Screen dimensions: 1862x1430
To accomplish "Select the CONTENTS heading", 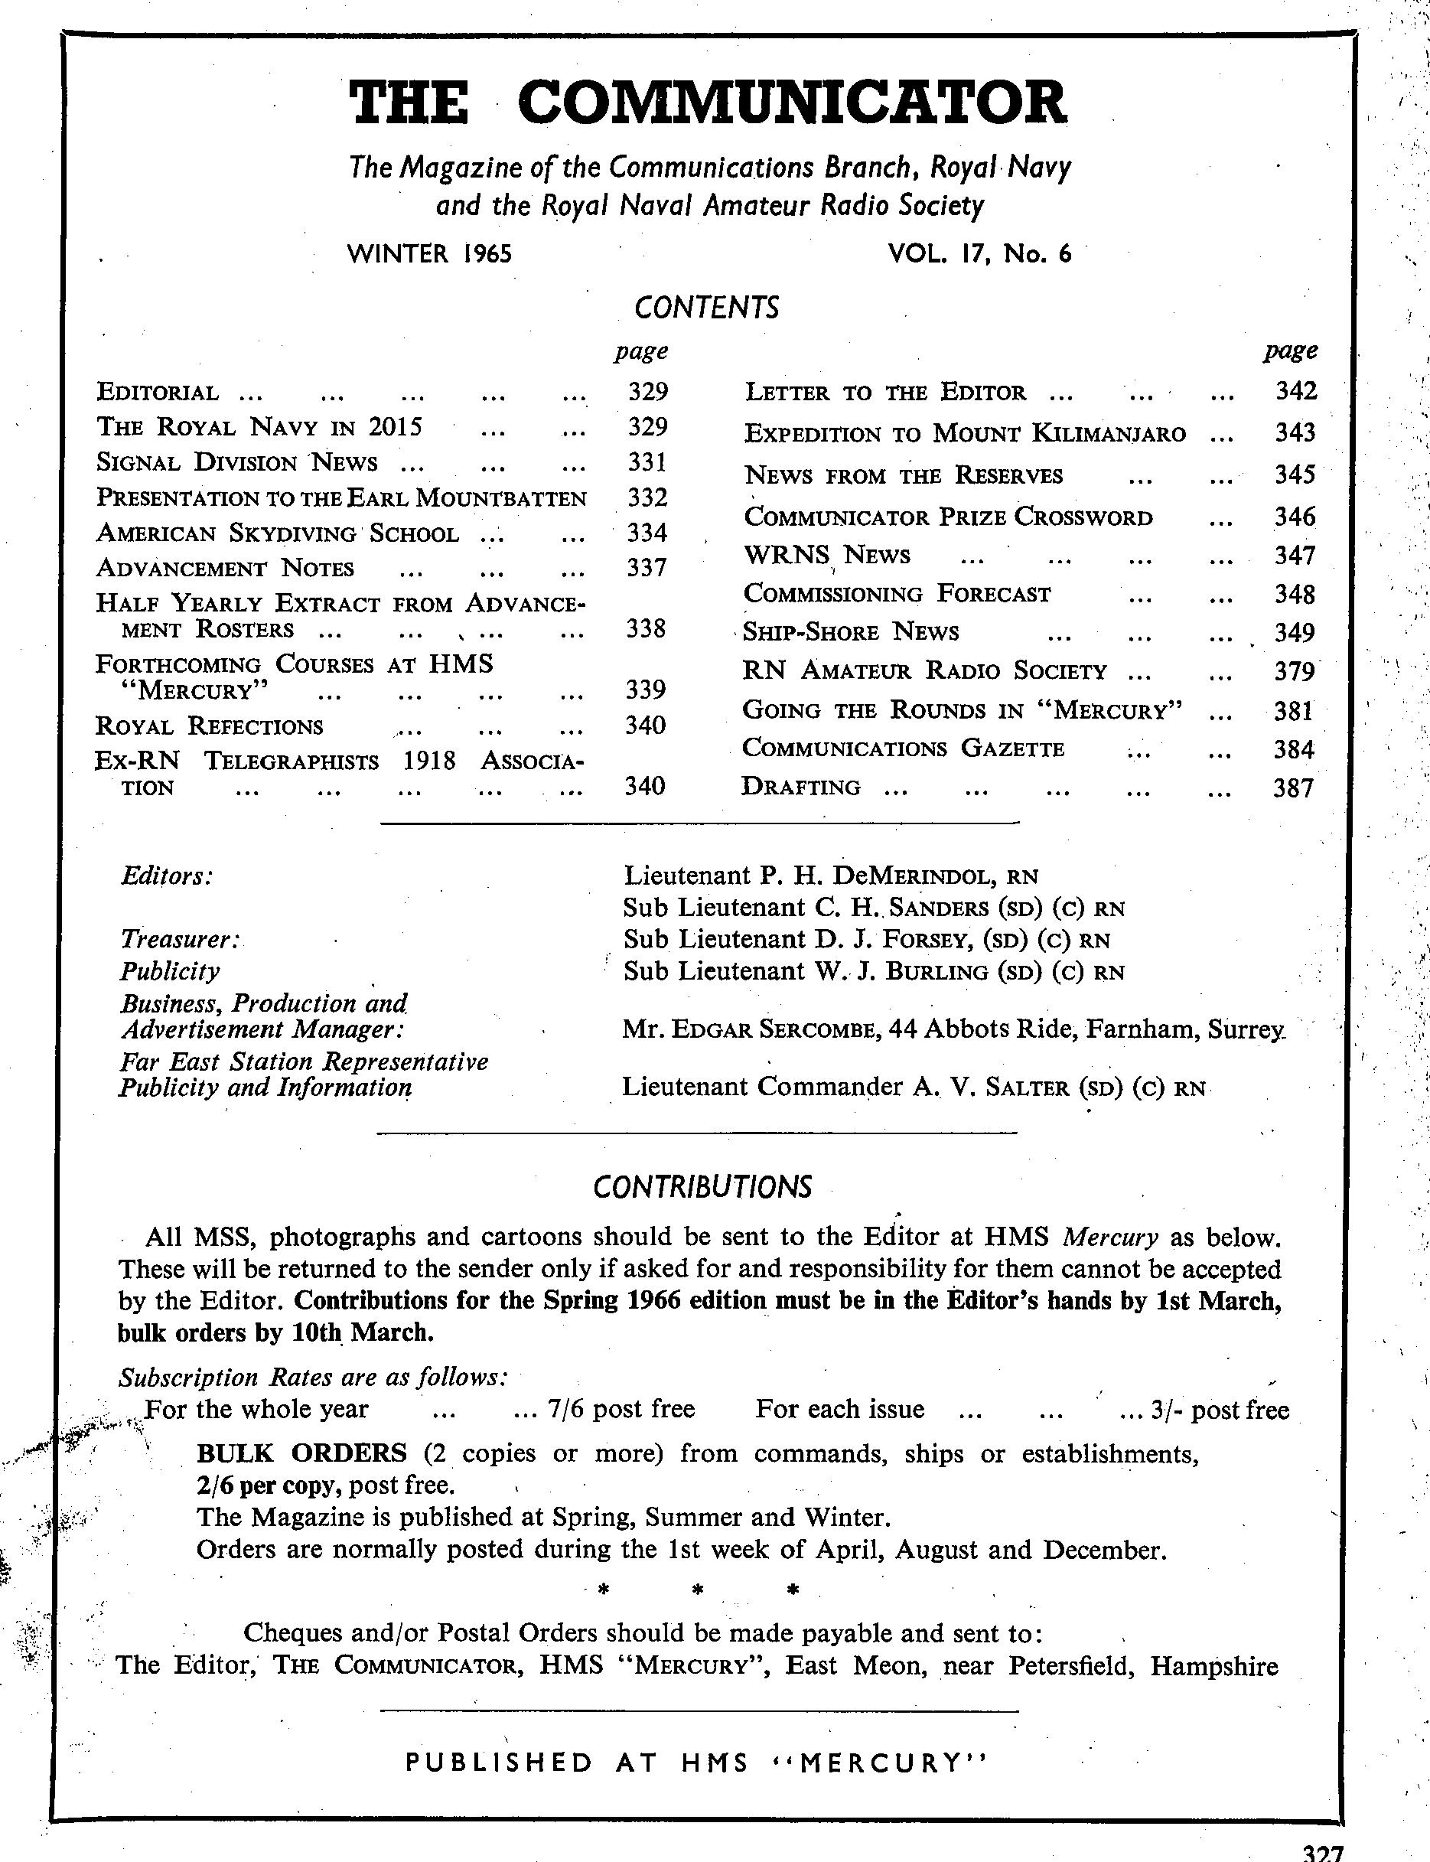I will [706, 308].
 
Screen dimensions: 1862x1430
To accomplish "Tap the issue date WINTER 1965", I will [430, 254].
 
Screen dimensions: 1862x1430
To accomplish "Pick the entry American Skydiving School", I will [278, 534].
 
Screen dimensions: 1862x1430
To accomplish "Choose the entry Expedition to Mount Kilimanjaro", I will [964, 433].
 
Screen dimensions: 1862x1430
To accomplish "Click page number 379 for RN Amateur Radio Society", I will [1294, 672].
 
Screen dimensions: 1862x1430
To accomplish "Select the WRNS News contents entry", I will [826, 556].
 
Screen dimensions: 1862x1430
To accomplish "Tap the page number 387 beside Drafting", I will [1294, 788].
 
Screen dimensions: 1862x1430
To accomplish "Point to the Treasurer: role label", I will [181, 939].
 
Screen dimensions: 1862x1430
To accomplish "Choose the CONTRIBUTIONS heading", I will [703, 1187].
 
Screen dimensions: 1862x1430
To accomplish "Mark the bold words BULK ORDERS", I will [301, 1453].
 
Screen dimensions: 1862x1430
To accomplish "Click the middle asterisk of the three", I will [697, 1590].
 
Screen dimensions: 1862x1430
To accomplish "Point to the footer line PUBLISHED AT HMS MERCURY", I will [695, 1763].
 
